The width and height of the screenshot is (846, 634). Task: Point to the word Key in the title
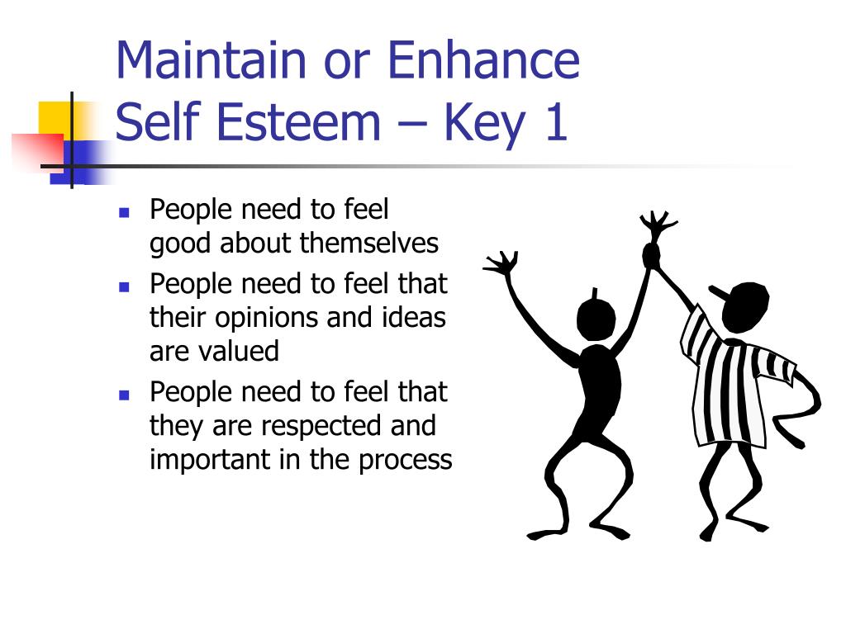(x=484, y=125)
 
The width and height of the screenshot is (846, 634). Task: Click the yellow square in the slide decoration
(x=55, y=120)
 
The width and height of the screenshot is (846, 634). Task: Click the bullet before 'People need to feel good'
(x=124, y=212)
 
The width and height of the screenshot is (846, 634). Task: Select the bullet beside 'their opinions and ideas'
(x=124, y=286)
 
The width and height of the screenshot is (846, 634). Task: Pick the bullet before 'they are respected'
(x=124, y=395)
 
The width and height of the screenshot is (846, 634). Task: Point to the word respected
(x=329, y=427)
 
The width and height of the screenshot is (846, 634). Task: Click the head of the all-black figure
(x=596, y=319)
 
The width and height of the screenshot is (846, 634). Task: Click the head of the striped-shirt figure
(x=745, y=306)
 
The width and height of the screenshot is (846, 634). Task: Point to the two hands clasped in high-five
(x=651, y=255)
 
